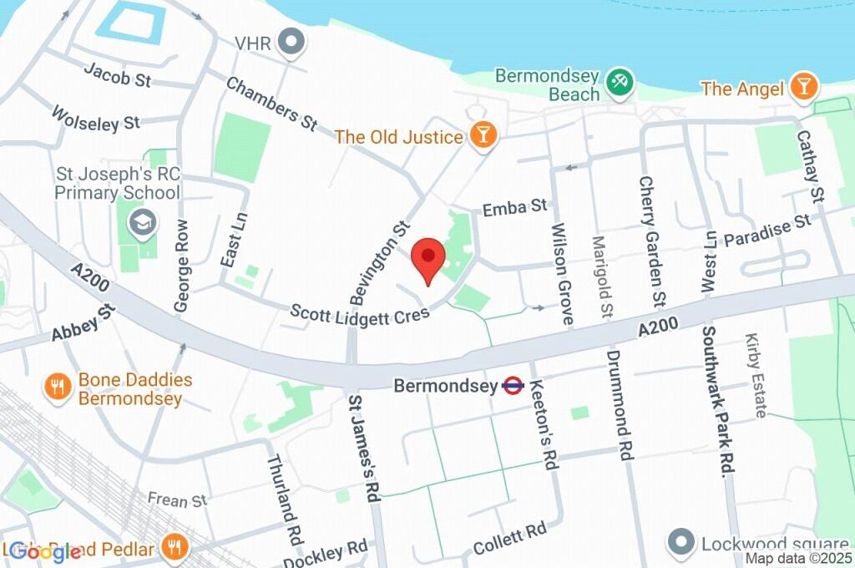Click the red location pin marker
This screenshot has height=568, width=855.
428,258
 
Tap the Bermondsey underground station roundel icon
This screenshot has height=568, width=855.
513,386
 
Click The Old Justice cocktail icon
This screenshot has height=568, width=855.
483,134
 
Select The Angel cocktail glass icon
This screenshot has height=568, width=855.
803,87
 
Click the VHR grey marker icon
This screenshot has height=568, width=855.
291,42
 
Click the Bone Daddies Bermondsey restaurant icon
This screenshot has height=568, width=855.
58,388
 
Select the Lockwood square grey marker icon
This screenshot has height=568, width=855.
681,542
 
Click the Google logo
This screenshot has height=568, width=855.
34,551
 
